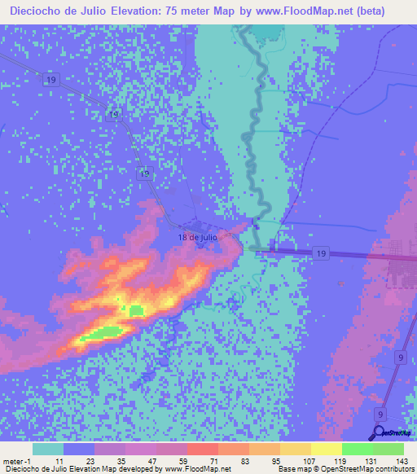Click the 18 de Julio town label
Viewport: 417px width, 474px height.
[198, 237]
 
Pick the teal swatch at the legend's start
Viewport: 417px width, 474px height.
[48, 448]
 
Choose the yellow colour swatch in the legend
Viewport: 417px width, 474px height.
[327, 448]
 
